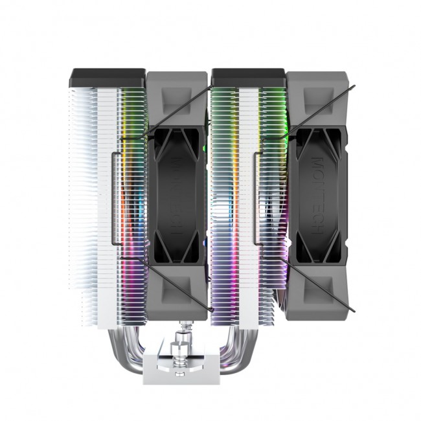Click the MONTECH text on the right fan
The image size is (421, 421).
coord(324,194)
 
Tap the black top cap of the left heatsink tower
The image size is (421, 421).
coord(108,78)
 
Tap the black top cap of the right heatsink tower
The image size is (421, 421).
coord(249,77)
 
